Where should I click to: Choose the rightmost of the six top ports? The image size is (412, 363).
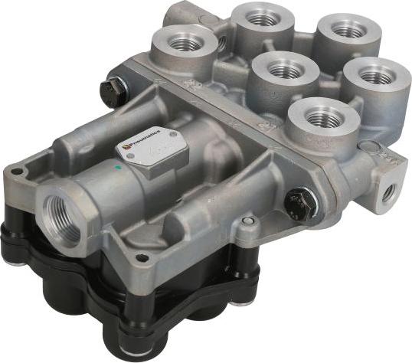click(374, 75)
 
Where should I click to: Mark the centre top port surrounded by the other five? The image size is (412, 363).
click(284, 70)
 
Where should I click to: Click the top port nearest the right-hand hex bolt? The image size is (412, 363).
click(324, 117)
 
